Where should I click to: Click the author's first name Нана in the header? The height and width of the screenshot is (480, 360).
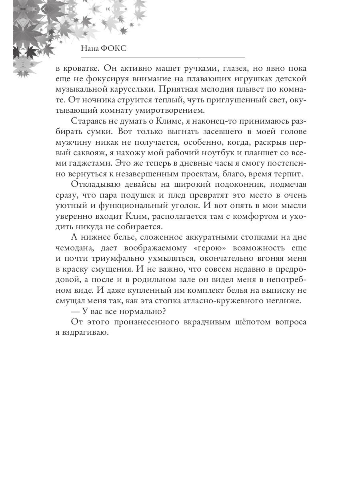point(90,48)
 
